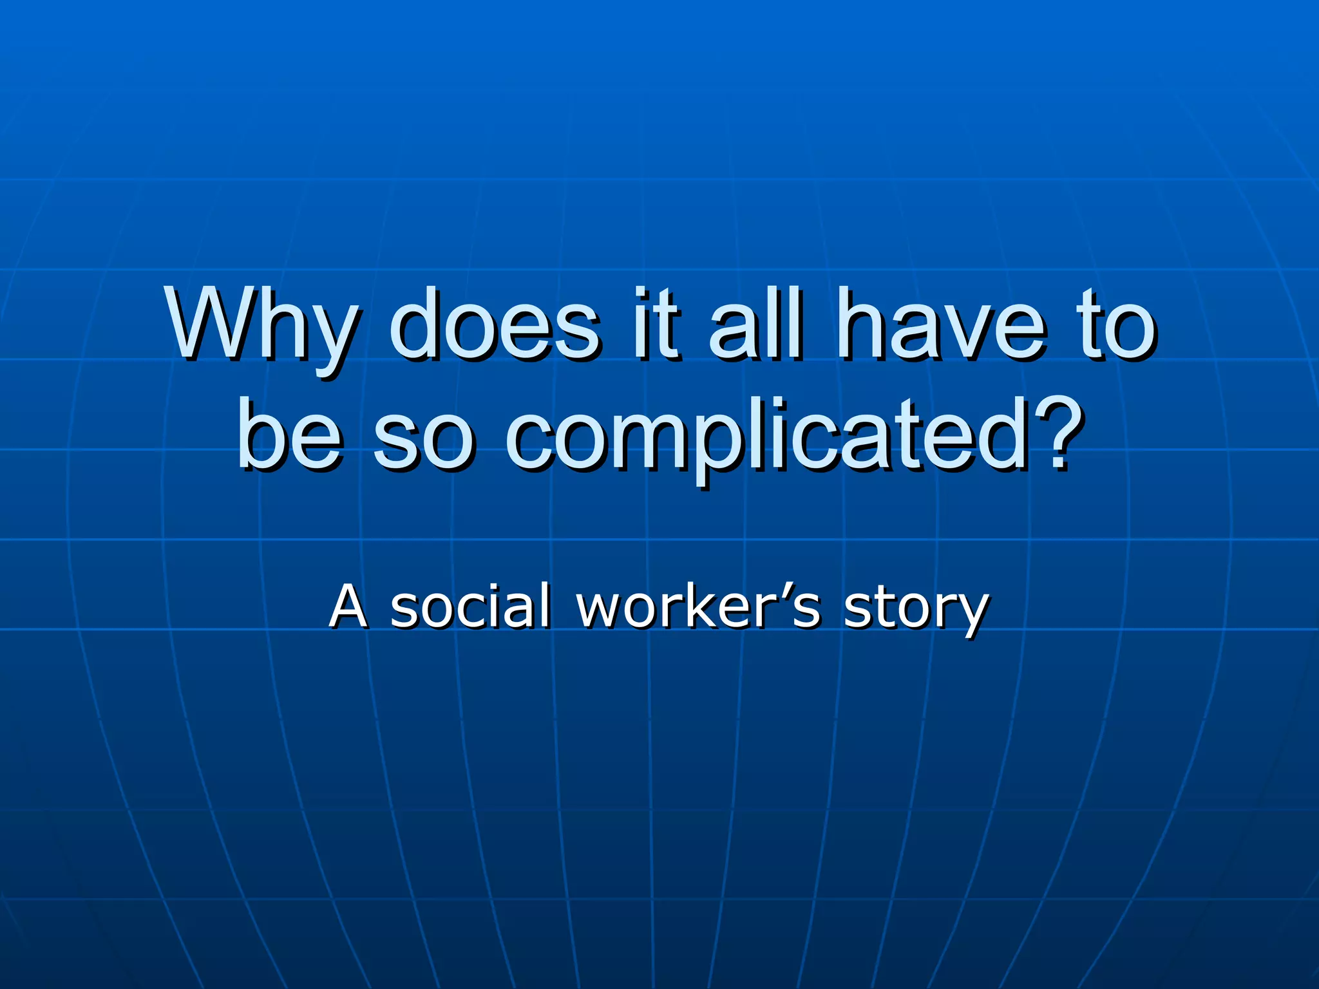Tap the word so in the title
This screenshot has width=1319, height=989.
coord(422,438)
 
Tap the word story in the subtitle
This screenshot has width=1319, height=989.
coord(915,608)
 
